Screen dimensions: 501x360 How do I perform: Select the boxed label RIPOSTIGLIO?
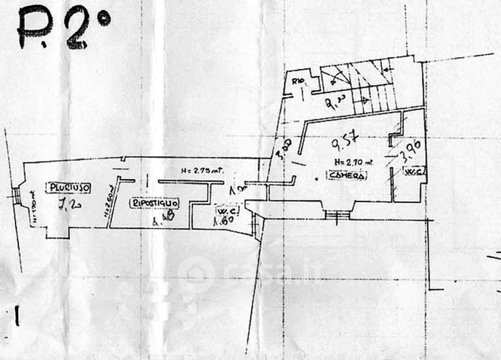[155, 203]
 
